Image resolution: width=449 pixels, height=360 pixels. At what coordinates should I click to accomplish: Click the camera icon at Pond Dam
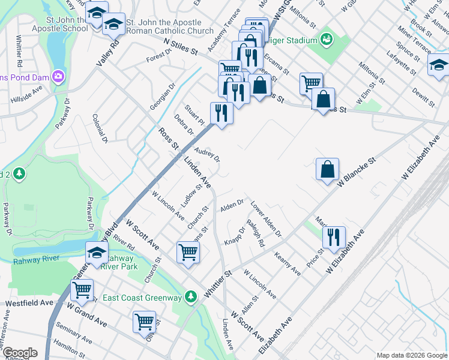(58, 76)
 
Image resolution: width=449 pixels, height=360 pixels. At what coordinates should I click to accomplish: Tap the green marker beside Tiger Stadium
(327, 40)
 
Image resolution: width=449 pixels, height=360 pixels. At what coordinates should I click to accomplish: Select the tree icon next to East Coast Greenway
(191, 296)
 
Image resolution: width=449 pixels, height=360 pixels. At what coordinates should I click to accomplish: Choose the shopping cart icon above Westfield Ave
(82, 290)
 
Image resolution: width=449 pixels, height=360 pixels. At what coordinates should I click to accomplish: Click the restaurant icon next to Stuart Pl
(221, 114)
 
